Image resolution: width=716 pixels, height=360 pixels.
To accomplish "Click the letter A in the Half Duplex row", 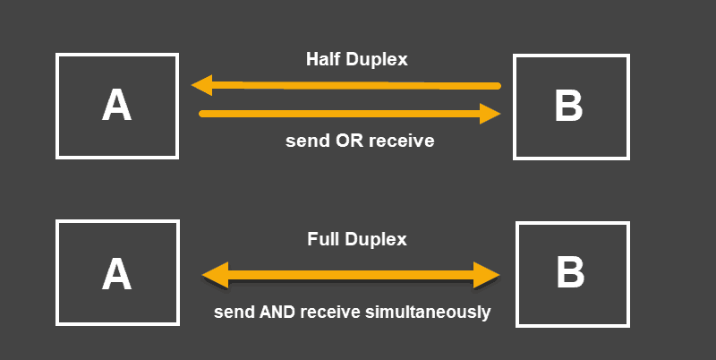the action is click(x=116, y=105).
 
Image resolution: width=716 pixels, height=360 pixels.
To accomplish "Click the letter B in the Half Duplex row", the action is click(x=568, y=106).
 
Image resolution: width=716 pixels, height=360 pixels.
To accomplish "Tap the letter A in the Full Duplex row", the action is click(x=116, y=274).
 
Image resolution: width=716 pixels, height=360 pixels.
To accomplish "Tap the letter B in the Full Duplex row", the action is click(x=570, y=272).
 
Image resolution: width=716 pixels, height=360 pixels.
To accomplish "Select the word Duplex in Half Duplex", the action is click(x=377, y=60).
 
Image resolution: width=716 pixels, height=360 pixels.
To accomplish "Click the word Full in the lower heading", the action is click(x=323, y=239).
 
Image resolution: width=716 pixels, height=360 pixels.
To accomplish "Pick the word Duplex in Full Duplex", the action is click(x=376, y=240).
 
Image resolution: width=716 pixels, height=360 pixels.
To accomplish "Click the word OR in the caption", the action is click(x=349, y=141).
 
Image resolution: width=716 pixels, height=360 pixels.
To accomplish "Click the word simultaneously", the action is click(x=428, y=313).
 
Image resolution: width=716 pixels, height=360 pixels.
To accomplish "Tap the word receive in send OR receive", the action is click(x=401, y=141).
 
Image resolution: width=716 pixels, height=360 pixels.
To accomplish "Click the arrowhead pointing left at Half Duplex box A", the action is click(x=202, y=85).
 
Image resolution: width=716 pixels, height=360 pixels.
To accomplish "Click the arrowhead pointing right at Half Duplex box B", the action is click(x=490, y=114).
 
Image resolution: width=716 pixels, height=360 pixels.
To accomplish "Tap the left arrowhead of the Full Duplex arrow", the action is click(x=215, y=276).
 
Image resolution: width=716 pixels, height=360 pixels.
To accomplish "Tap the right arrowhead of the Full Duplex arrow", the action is click(x=487, y=276).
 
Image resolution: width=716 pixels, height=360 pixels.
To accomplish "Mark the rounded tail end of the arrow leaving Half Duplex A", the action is click(x=202, y=114).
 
